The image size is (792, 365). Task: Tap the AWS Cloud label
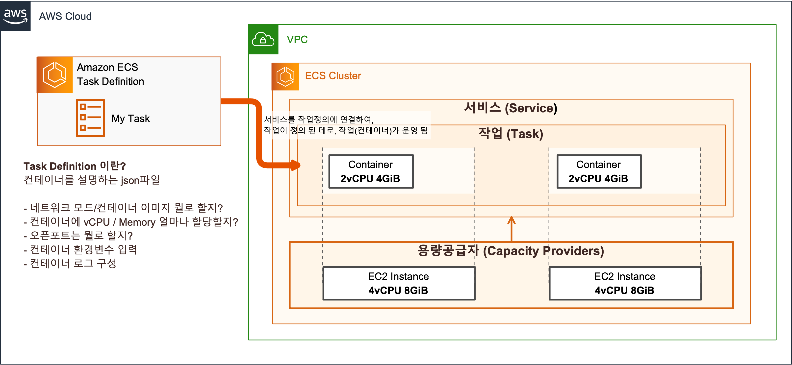tap(65, 16)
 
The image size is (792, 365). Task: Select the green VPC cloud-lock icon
tap(263, 39)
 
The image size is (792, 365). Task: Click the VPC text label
tap(297, 40)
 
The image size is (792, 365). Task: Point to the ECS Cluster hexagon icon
tap(285, 76)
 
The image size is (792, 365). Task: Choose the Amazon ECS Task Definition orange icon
tap(55, 75)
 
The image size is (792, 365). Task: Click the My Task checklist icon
tap(90, 118)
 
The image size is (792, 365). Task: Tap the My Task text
tap(130, 119)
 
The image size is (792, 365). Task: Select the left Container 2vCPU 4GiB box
tap(371, 171)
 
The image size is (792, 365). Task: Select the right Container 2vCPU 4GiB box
tap(599, 171)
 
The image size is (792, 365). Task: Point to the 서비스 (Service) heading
tap(510, 108)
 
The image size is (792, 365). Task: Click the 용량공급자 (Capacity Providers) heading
tap(510, 251)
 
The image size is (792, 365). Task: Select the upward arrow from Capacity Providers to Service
tap(511, 229)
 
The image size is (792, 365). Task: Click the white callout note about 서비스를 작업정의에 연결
tap(346, 125)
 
